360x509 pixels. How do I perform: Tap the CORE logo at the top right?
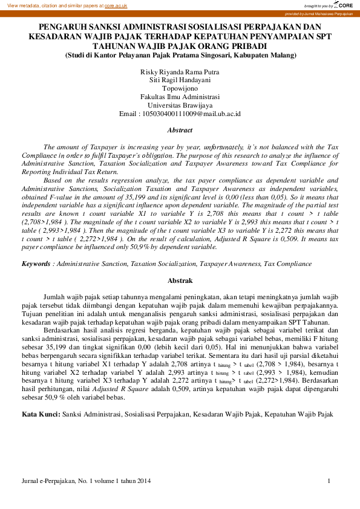pos(343,5)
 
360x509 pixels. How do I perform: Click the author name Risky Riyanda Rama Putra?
pos(180,72)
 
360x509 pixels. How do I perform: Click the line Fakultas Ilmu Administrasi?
pos(180,96)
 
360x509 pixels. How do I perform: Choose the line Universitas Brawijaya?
pos(180,104)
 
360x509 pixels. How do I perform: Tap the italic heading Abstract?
pos(180,130)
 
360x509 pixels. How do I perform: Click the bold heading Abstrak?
pos(180,280)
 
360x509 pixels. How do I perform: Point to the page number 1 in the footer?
pos(329,481)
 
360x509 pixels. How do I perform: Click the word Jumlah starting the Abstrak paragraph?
pos(54,297)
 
